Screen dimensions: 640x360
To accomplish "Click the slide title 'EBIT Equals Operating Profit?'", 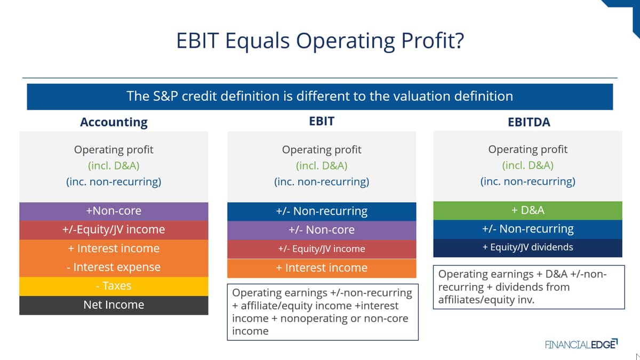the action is (x=320, y=41).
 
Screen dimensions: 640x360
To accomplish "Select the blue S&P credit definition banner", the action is (x=320, y=97).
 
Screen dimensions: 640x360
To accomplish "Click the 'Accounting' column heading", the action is (x=114, y=122).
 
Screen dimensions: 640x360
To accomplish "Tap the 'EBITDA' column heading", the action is (x=529, y=122).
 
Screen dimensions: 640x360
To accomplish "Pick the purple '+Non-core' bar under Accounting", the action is (x=114, y=211).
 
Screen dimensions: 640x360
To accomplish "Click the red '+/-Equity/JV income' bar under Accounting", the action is (x=114, y=230).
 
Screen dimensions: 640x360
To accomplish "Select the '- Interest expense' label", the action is (x=114, y=267).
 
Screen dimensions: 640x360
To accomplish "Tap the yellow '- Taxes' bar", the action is (x=114, y=286).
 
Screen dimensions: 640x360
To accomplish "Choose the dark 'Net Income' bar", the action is (x=114, y=305).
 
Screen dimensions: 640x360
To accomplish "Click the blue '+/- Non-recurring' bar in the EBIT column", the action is (x=322, y=211).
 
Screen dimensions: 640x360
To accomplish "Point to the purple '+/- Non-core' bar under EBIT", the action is (x=322, y=230).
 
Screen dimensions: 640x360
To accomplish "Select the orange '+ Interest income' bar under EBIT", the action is (x=322, y=268).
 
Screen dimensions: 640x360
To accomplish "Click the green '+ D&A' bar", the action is (x=527, y=211).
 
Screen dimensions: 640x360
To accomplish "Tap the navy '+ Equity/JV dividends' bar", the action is (x=527, y=247).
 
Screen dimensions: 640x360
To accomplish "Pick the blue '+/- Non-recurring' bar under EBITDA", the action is (x=527, y=229).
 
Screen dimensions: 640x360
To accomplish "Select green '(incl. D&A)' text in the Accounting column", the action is (x=114, y=166).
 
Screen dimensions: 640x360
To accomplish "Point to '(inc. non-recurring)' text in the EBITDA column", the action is (x=527, y=182).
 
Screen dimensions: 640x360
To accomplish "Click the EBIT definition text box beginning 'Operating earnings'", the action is (x=323, y=312).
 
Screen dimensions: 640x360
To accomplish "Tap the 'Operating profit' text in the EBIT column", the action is (x=322, y=150).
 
